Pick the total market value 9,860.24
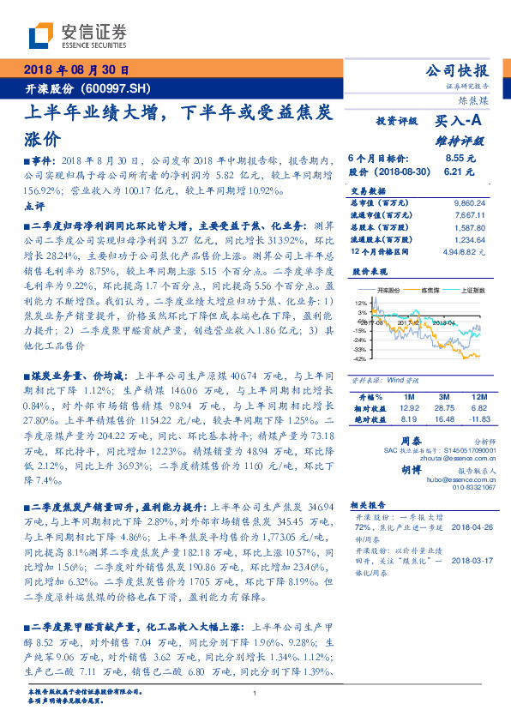tap(468, 202)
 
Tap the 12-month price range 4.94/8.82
tap(462, 251)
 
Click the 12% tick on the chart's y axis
tap(361, 303)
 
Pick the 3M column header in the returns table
tap(443, 397)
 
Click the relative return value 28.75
tap(443, 409)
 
